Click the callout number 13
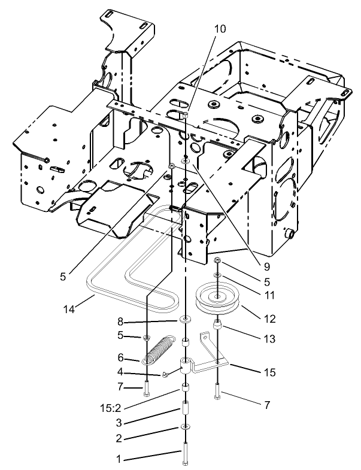(x=269, y=339)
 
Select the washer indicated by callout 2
(x=185, y=427)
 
